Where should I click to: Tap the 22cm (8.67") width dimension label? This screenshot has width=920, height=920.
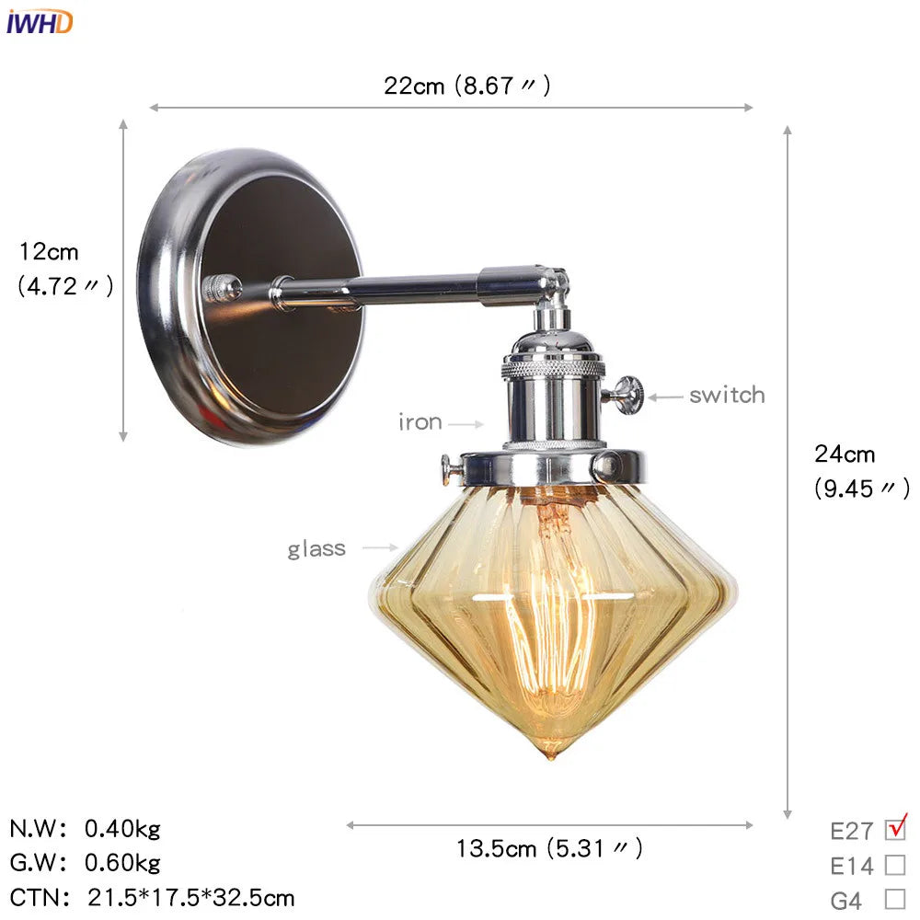466,86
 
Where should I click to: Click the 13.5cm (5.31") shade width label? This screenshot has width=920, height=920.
549,847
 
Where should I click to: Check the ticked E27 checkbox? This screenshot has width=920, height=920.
894,829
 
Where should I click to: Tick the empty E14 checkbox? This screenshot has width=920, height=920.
894,865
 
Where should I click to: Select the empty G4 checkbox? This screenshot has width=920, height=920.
894,899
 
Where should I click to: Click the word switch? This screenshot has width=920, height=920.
727,395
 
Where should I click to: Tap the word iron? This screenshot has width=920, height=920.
420,422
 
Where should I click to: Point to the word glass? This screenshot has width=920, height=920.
316,548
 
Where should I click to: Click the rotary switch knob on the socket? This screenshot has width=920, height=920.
628,395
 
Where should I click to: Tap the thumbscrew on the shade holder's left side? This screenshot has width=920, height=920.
450,470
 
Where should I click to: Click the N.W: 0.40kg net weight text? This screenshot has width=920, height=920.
86,829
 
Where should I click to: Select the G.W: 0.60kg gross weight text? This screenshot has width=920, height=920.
86,863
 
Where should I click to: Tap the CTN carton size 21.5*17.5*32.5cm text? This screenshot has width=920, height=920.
153,897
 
